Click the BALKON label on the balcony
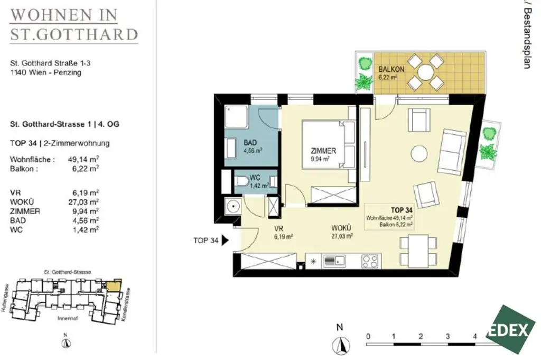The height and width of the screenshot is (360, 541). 391,70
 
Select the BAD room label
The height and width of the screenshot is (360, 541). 250,143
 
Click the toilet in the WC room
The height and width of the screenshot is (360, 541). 241,182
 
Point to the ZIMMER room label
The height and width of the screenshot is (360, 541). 323,151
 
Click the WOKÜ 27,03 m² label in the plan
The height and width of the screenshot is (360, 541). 342,233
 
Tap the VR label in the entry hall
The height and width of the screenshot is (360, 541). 279,229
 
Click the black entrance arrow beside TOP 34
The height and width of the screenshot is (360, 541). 225,241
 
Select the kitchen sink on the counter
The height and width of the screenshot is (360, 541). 334,260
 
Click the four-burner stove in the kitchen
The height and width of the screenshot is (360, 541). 370,260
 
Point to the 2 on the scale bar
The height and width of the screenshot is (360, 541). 421,336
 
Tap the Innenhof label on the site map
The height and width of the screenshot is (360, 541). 68,320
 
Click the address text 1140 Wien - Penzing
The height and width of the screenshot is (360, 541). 46,72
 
